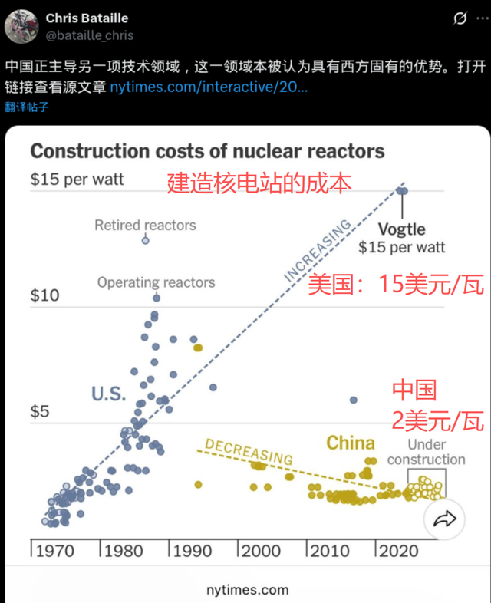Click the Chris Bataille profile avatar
21,26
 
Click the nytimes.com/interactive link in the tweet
209,87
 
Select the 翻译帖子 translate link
27,107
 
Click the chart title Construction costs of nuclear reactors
207,150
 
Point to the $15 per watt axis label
77,180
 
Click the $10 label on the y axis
44,295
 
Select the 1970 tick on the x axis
55,550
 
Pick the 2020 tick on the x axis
400,550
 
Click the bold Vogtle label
401,229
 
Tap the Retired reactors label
145,225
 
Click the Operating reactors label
156,282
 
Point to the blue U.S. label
108,394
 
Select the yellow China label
351,443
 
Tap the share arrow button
444,519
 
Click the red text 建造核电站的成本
259,183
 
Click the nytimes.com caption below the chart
247,589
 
